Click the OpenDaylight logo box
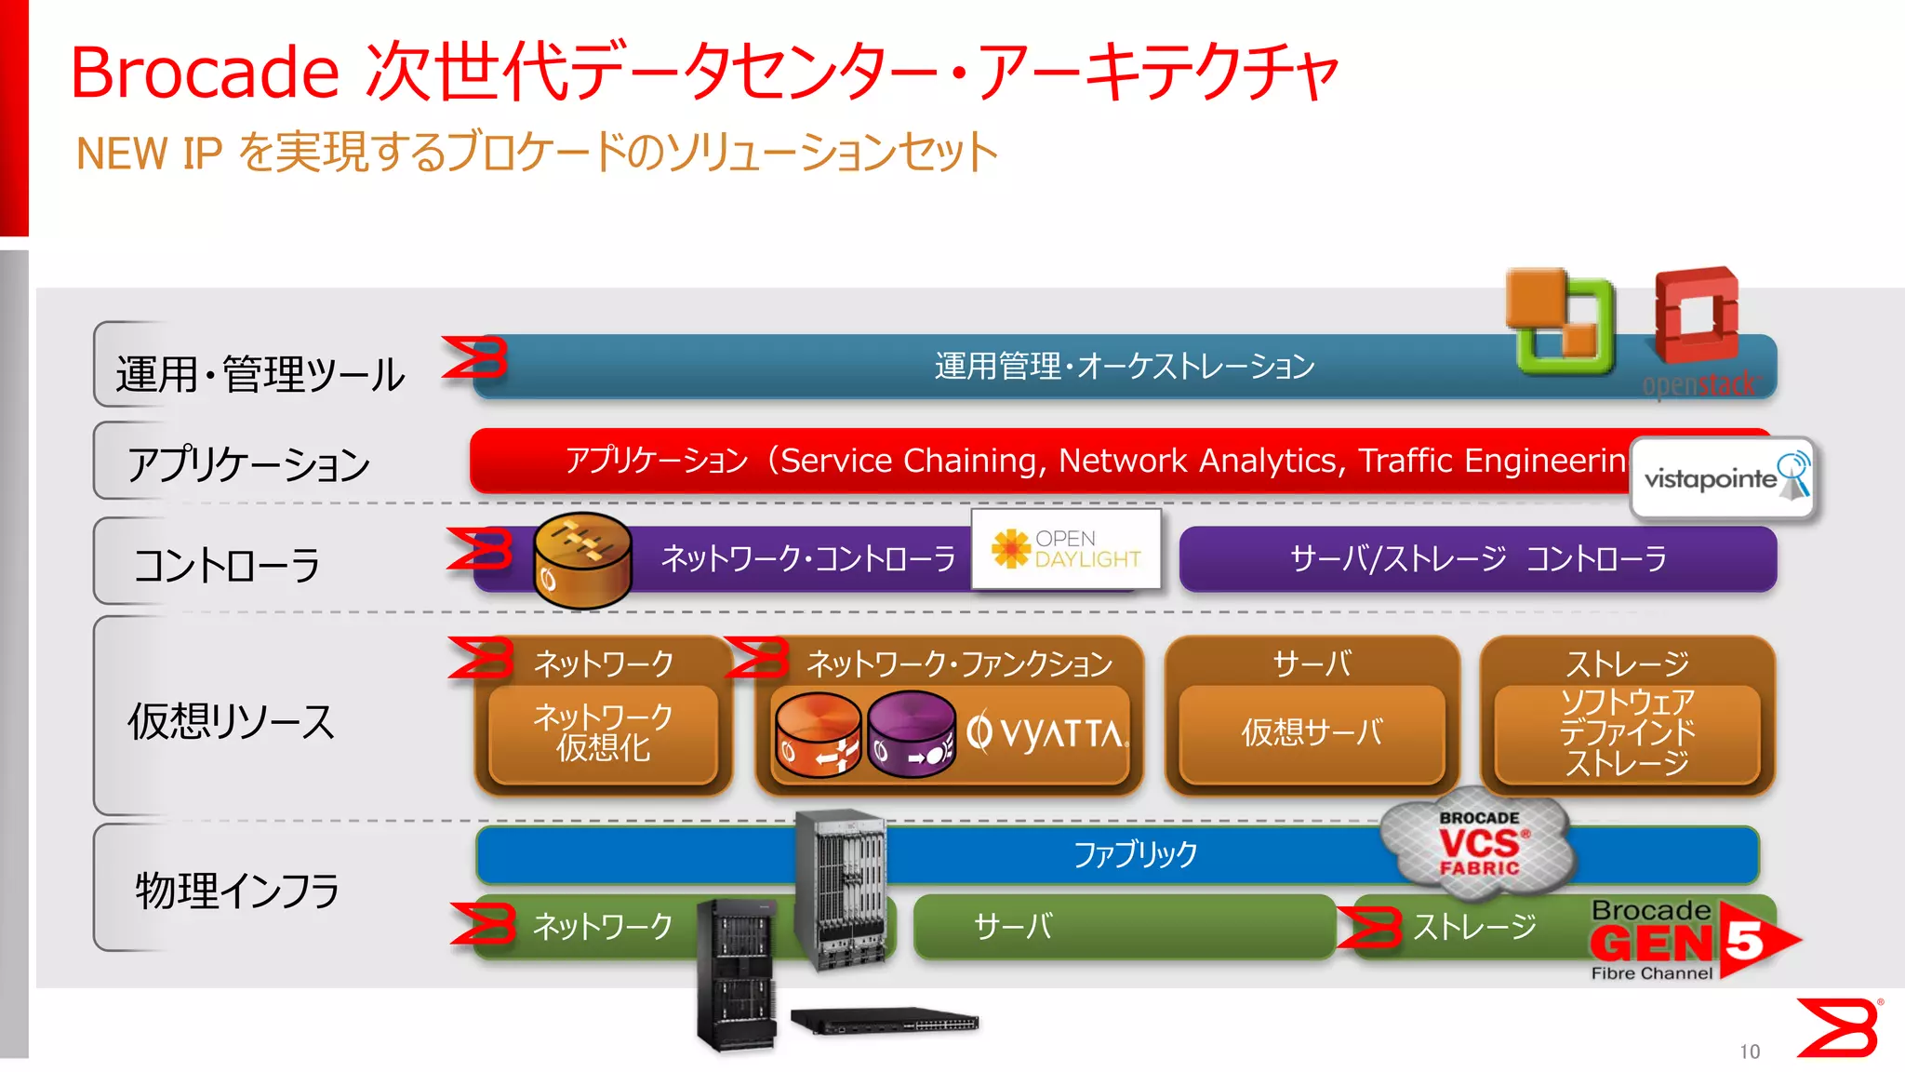click(1066, 549)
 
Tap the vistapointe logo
click(1724, 477)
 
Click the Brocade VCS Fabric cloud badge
click(1479, 845)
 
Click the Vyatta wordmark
click(1046, 733)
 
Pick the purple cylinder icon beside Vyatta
click(911, 734)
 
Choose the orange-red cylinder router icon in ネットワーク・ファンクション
click(819, 734)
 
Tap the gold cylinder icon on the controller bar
click(582, 560)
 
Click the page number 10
click(1750, 1052)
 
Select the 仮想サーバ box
click(1312, 733)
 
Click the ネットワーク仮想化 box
click(604, 733)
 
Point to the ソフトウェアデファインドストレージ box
click(1627, 733)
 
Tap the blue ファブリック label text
click(1135, 854)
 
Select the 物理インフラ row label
click(237, 891)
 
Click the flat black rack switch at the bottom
click(885, 1021)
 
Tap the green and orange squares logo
click(1561, 320)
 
